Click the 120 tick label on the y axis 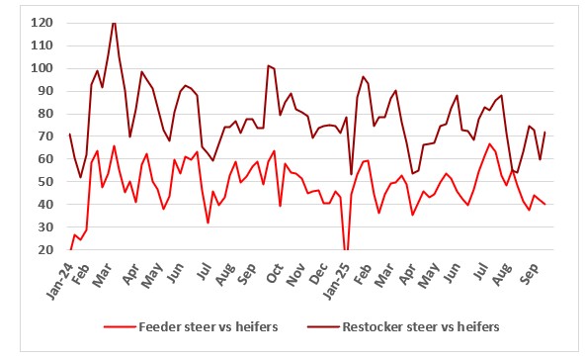pos(42,22)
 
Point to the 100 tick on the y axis pos(42,68)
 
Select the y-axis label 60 pos(44,159)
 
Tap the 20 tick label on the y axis pos(44,250)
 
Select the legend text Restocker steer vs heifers pos(422,326)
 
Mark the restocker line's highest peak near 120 pos(114,22)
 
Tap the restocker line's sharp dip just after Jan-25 pos(351,174)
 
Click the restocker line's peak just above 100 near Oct pos(268,66)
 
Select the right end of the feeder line pos(545,204)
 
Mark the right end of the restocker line pos(545,132)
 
